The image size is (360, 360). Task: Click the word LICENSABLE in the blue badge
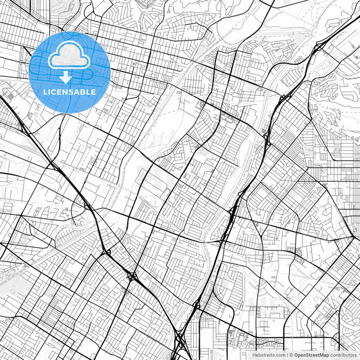click(x=70, y=92)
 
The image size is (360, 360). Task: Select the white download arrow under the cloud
click(x=66, y=76)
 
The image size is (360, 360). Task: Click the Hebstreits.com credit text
click(x=269, y=355)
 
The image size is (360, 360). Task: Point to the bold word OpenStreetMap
click(x=311, y=355)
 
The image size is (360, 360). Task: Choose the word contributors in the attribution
click(x=343, y=355)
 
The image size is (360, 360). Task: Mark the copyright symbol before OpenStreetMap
click(x=291, y=355)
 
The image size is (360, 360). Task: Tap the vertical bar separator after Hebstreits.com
click(x=286, y=355)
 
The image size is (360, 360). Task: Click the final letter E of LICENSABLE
click(x=93, y=92)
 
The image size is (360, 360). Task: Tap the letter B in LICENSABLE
click(x=83, y=92)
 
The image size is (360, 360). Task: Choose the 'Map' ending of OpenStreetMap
click(x=324, y=355)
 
